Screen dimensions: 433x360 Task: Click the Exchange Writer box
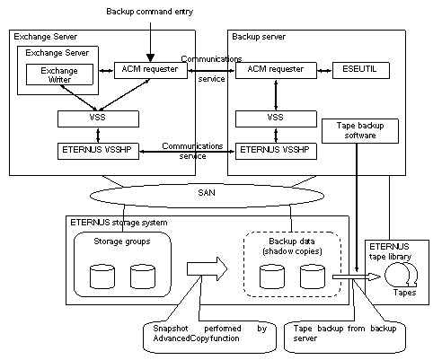pos(59,75)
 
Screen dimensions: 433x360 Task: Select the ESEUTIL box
pos(361,70)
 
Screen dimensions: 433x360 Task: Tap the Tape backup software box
pos(360,131)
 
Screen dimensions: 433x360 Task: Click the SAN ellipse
pos(207,196)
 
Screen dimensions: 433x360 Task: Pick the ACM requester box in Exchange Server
pos(151,70)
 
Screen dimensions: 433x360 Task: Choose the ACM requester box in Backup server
pos(276,70)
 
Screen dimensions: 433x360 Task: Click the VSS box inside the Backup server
pos(276,119)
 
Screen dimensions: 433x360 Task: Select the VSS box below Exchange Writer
pos(98,119)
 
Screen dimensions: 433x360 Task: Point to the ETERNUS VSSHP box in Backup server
pos(276,151)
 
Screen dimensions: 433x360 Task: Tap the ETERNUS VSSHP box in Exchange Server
pos(98,151)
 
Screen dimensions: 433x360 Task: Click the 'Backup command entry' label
pos(150,12)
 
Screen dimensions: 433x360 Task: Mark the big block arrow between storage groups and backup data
pos(207,268)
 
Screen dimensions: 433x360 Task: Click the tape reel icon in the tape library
pos(401,275)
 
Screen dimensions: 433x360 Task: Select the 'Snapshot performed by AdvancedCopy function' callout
pos(209,337)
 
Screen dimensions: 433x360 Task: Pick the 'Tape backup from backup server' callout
pos(345,337)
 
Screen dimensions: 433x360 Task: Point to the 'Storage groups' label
pos(122,241)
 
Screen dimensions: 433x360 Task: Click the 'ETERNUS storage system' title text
pos(119,223)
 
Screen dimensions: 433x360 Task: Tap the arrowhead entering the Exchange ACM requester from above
pos(150,57)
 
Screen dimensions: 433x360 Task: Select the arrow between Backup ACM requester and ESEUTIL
pos(324,71)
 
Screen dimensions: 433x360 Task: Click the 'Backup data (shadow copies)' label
pos(292,246)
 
